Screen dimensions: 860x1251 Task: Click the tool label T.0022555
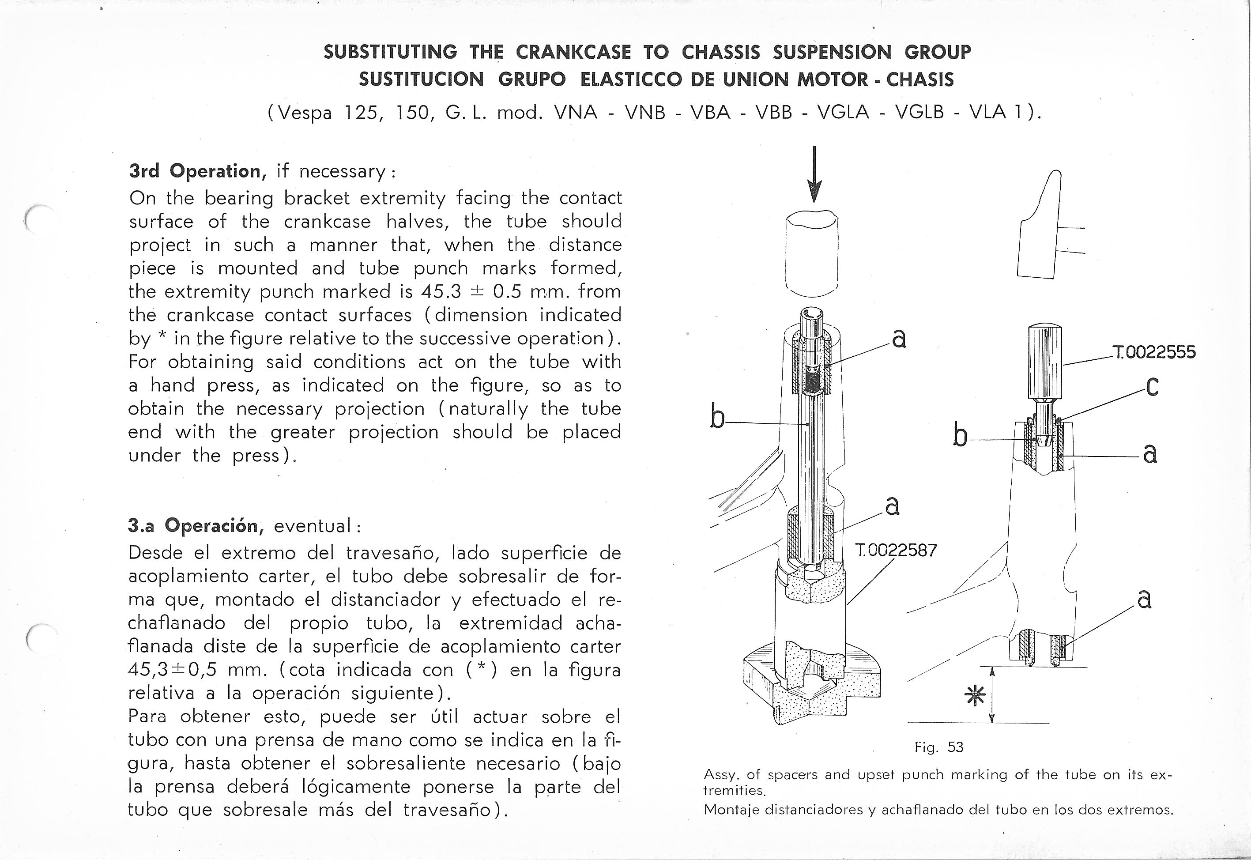coord(1153,352)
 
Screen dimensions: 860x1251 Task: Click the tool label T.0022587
coord(895,550)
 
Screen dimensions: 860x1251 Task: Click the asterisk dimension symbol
coord(975,696)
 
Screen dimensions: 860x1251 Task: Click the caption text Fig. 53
coord(938,747)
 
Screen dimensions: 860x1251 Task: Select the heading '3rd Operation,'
coord(195,171)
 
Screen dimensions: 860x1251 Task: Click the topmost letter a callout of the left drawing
coord(898,339)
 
